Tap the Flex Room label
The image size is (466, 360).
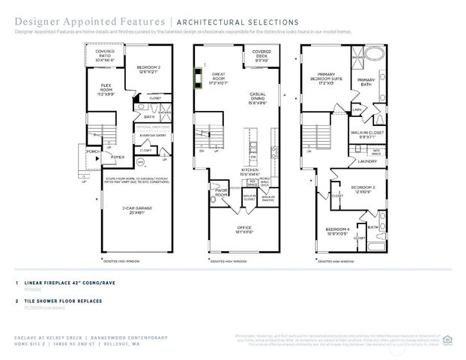(x=106, y=91)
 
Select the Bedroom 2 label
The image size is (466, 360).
(x=149, y=70)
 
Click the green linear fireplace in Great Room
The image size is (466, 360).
(x=199, y=78)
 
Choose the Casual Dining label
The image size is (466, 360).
(x=262, y=99)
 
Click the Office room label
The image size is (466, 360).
(x=243, y=231)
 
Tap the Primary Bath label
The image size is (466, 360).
(x=366, y=82)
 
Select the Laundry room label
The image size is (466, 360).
(x=366, y=160)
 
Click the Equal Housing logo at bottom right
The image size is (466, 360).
(x=447, y=338)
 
